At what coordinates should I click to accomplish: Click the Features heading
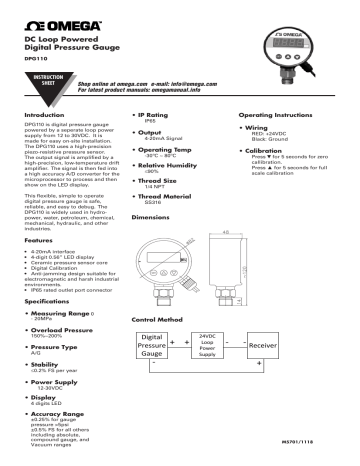coord(38,242)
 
